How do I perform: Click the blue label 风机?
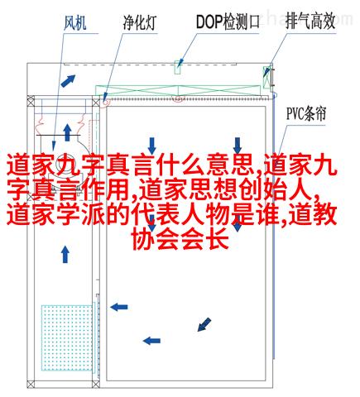[75, 23]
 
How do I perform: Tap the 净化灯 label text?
[140, 22]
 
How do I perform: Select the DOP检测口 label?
[228, 22]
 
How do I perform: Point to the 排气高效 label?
[310, 21]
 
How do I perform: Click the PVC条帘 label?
[306, 113]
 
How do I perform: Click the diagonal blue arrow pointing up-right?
[68, 80]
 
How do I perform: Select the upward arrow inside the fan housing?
[67, 132]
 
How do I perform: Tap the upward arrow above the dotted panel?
[65, 255]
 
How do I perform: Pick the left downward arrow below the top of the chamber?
[151, 146]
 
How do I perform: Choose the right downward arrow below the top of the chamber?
[238, 146]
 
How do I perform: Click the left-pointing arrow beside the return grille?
[119, 307]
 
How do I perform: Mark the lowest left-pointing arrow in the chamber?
[151, 341]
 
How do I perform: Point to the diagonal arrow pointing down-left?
[204, 324]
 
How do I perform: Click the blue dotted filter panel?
[67, 337]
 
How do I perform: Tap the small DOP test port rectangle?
[177, 67]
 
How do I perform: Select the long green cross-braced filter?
[178, 90]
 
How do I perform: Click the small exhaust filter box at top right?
[266, 77]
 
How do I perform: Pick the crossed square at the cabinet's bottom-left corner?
[31, 384]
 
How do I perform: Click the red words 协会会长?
[181, 240]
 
